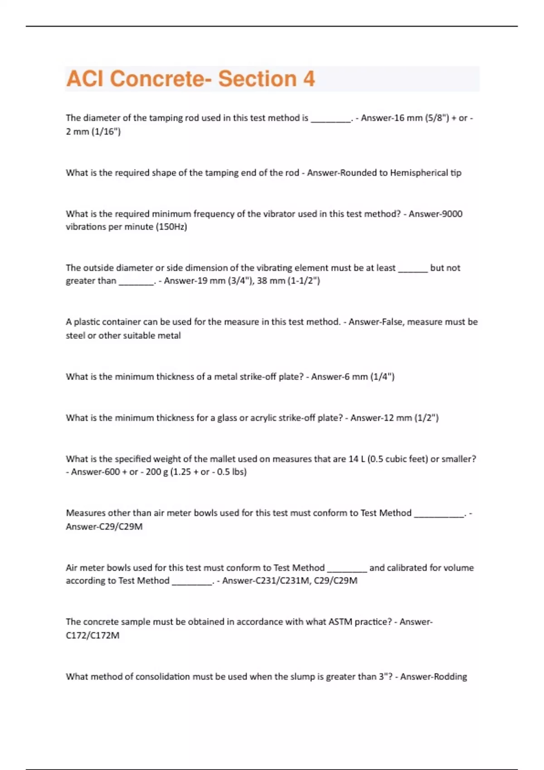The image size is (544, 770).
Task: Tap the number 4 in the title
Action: click(309, 79)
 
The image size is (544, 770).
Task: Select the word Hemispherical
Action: click(419, 173)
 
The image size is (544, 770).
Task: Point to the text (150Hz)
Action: click(171, 227)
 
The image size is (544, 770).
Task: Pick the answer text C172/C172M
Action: click(92, 635)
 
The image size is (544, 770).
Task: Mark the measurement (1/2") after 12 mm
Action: click(426, 418)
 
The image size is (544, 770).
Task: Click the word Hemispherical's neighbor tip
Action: click(456, 173)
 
